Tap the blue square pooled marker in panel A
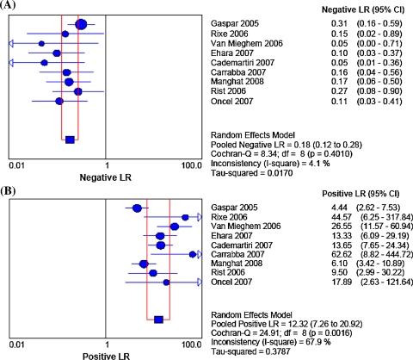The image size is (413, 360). (x=70, y=139)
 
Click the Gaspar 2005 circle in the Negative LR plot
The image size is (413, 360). (x=81, y=24)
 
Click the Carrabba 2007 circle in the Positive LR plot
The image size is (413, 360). (x=193, y=254)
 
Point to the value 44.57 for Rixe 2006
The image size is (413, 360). (x=324, y=218)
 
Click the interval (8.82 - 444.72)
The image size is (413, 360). (x=374, y=255)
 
